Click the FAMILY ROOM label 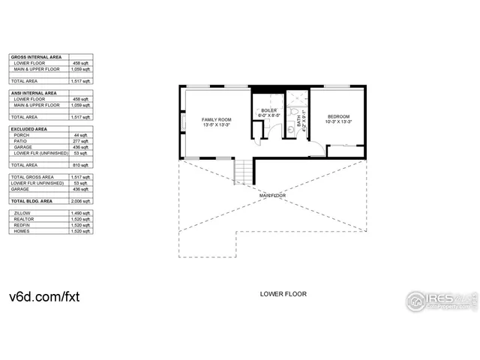click(x=217, y=120)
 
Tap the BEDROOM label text click(x=339, y=117)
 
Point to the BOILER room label click(x=268, y=111)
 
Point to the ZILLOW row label click(x=22, y=214)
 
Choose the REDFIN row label click(x=22, y=226)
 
